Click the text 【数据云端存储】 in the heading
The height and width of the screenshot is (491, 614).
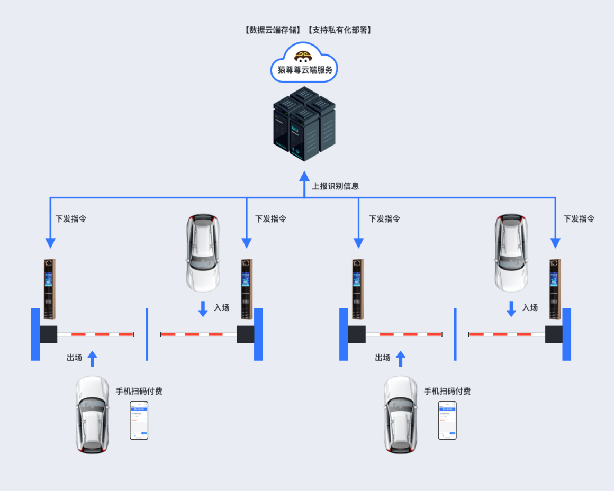pos(274,30)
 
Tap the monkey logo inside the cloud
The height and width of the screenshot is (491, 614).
pos(304,56)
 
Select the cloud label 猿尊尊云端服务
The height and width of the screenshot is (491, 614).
pos(304,70)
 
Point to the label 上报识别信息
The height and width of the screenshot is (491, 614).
pos(335,186)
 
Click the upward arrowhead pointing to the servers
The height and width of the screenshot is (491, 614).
pos(304,176)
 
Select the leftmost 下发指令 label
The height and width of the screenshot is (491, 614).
pos(71,219)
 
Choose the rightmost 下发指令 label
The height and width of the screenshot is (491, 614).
pos(579,219)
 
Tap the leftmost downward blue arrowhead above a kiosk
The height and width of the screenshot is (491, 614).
pos(50,243)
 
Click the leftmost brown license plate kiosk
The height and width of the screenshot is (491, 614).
pos(49,289)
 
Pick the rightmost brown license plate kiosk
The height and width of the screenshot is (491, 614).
pos(555,289)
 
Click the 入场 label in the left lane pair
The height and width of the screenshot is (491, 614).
pos(222,307)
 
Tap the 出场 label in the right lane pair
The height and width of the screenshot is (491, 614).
pos(383,358)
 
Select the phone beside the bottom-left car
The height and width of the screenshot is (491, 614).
pos(139,420)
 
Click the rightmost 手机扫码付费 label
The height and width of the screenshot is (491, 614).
pos(447,391)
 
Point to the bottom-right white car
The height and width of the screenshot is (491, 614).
pos(401,414)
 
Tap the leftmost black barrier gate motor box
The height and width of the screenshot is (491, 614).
pos(48,334)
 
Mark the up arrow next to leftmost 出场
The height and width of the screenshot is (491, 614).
pos(93,358)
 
